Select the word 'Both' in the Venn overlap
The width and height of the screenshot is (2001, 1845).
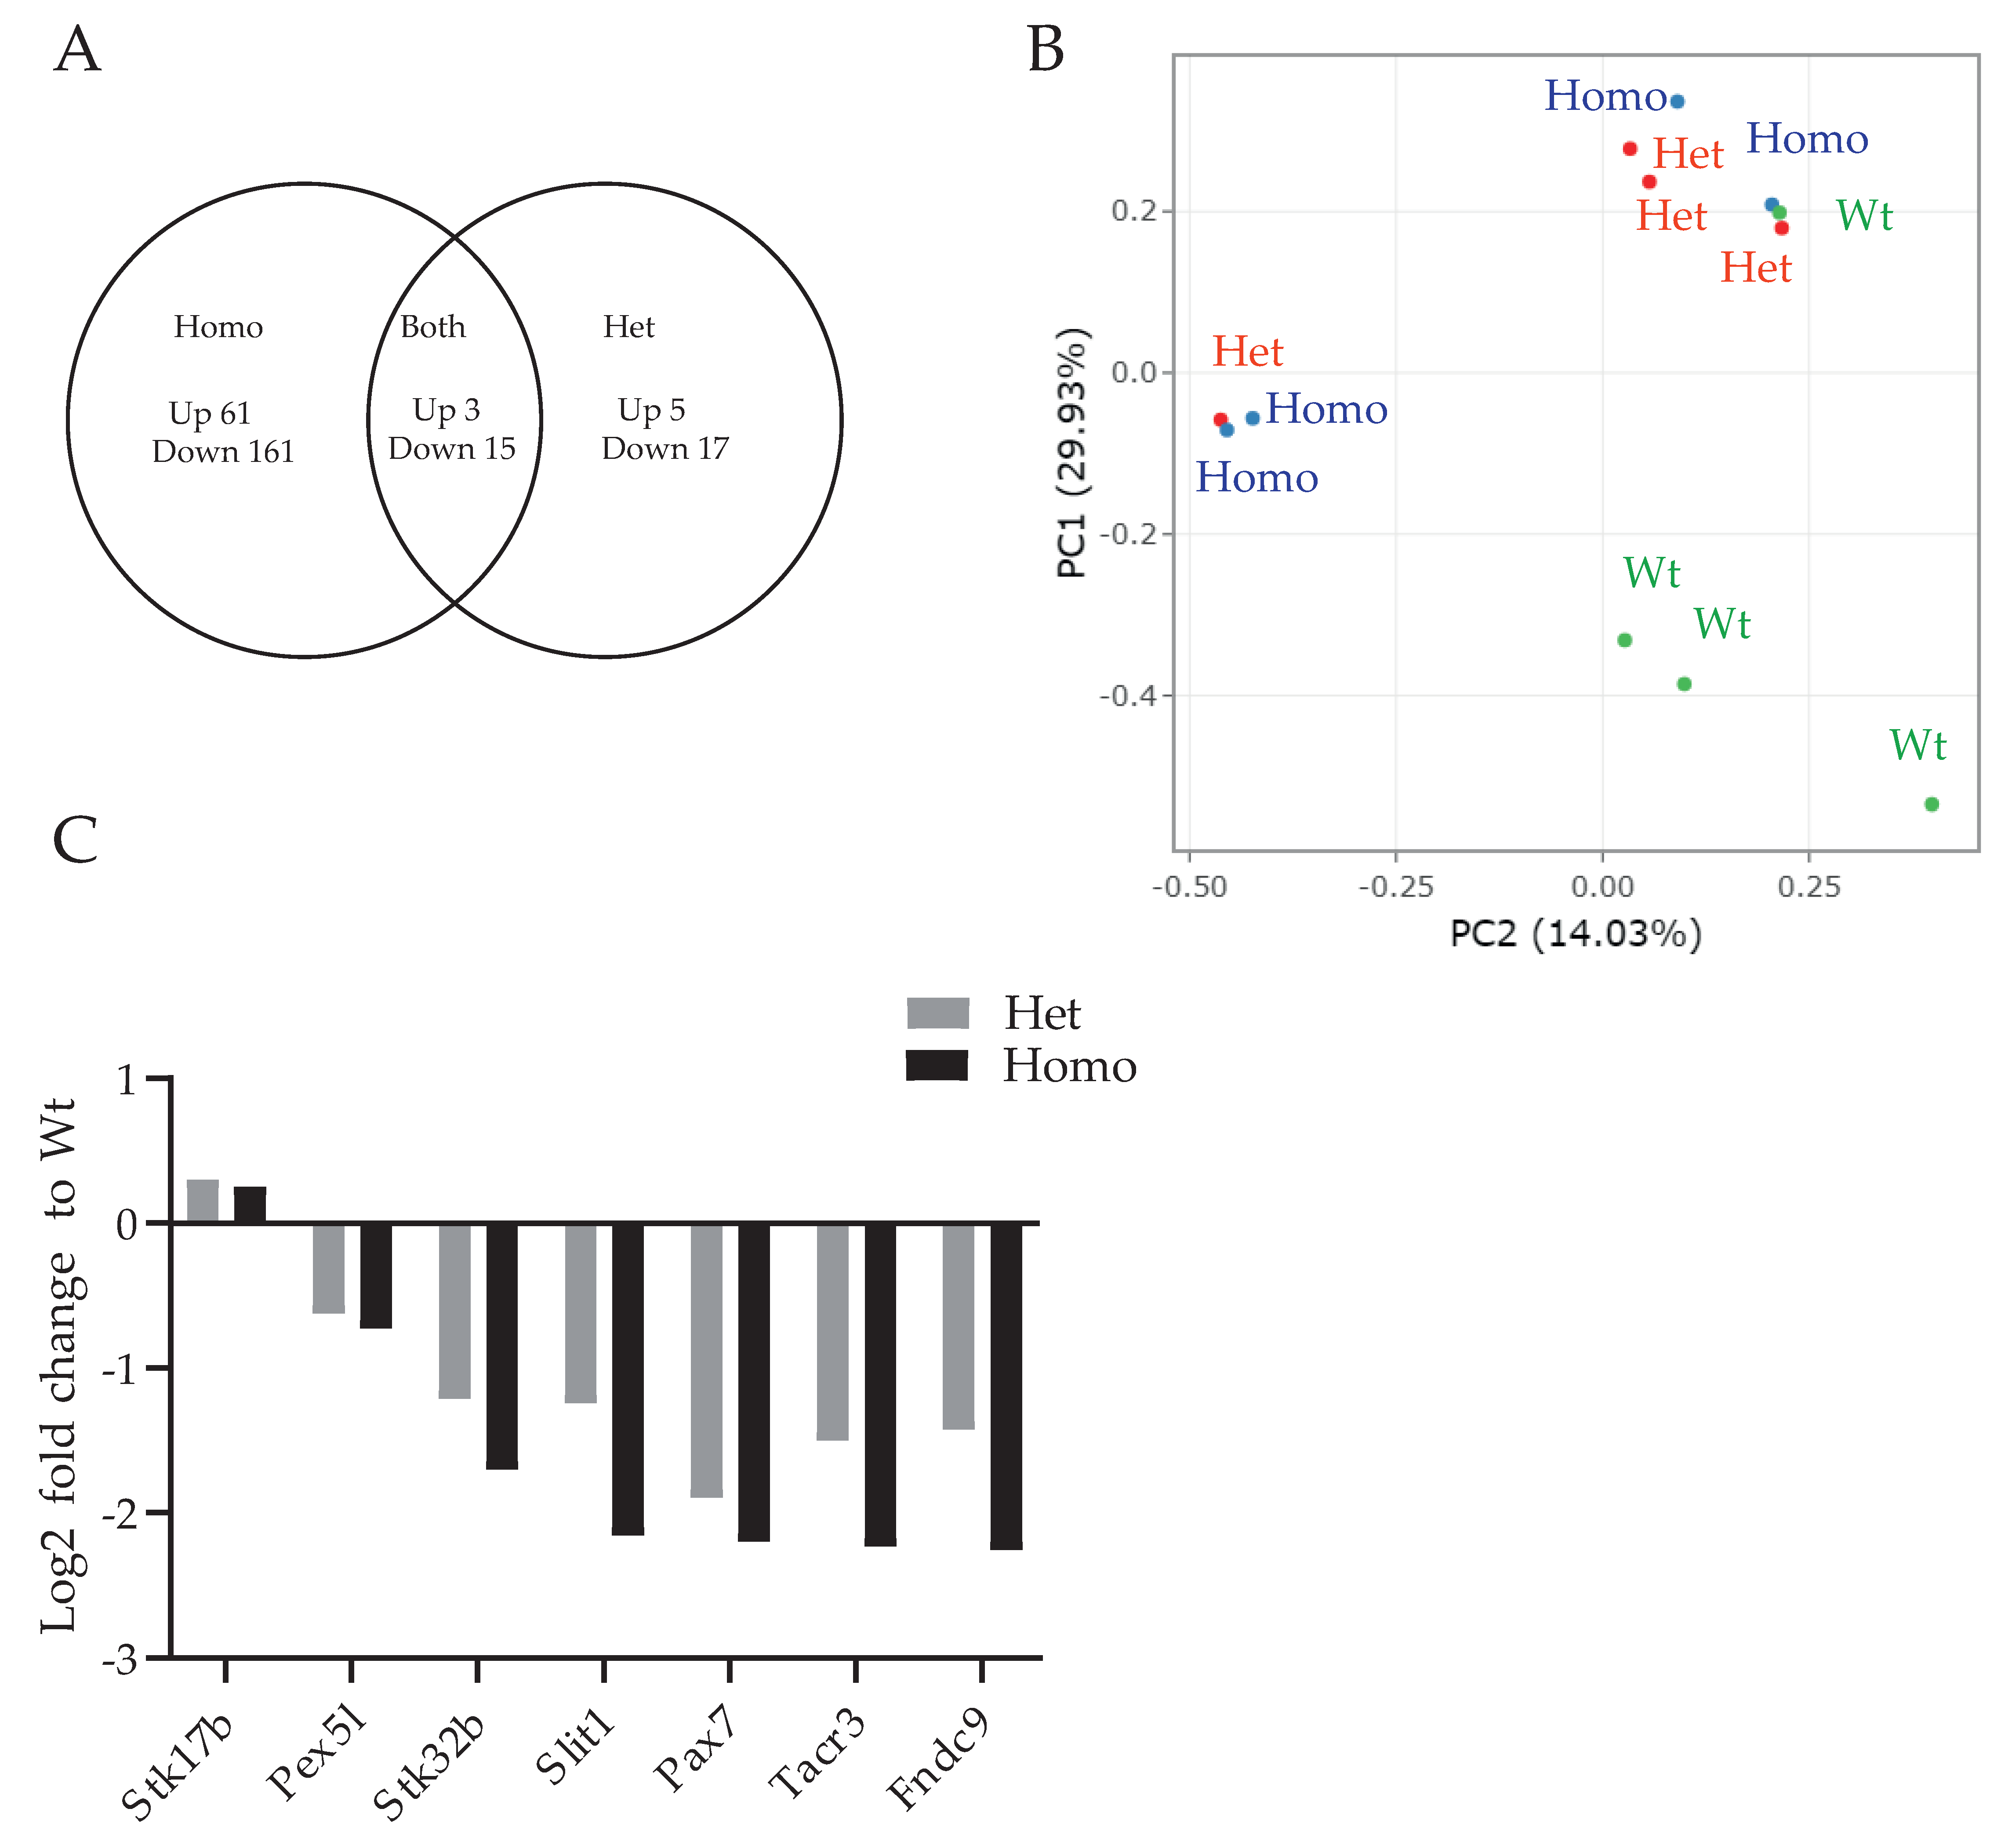(x=432, y=327)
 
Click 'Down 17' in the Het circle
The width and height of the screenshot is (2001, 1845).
(x=665, y=449)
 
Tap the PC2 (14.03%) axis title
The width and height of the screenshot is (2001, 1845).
(x=1575, y=933)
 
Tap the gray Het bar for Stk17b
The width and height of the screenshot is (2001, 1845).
(x=203, y=1201)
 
